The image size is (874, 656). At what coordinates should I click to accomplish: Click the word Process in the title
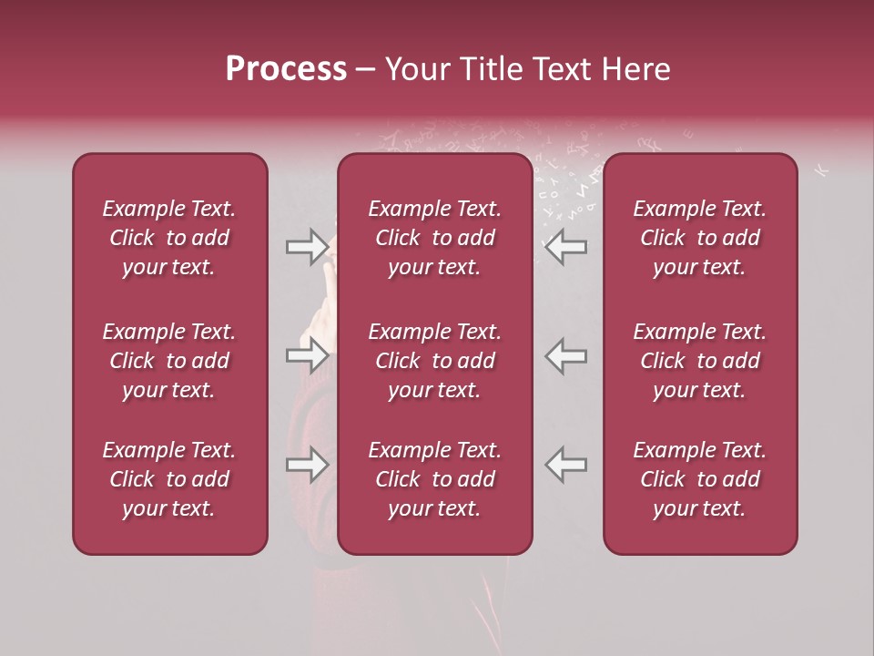pyautogui.click(x=286, y=69)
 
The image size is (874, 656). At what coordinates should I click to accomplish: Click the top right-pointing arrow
pyautogui.click(x=307, y=246)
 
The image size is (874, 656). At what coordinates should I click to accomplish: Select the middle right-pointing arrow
pyautogui.click(x=307, y=355)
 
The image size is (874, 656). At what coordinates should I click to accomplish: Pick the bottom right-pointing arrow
pyautogui.click(x=307, y=465)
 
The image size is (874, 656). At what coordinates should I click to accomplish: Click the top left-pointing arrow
pyautogui.click(x=566, y=246)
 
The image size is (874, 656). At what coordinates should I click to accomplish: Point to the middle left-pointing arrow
pyautogui.click(x=566, y=355)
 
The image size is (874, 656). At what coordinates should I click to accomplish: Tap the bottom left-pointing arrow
pyautogui.click(x=566, y=465)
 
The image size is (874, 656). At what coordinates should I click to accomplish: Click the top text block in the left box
pyautogui.click(x=169, y=238)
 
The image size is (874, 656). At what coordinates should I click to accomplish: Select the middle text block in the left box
pyautogui.click(x=169, y=361)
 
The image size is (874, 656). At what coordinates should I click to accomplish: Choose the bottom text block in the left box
pyautogui.click(x=169, y=479)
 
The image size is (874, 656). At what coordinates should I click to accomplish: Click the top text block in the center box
pyautogui.click(x=434, y=238)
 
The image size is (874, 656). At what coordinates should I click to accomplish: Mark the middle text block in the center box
pyautogui.click(x=434, y=361)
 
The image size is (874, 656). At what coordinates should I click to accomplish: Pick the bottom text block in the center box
pyautogui.click(x=434, y=479)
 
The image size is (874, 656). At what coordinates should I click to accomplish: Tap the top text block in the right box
pyautogui.click(x=700, y=238)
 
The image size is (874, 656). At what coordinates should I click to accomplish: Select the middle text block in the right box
pyautogui.click(x=700, y=361)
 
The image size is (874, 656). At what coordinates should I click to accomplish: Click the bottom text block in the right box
pyautogui.click(x=700, y=479)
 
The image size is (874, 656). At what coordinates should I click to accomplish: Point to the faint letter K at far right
pyautogui.click(x=821, y=169)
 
